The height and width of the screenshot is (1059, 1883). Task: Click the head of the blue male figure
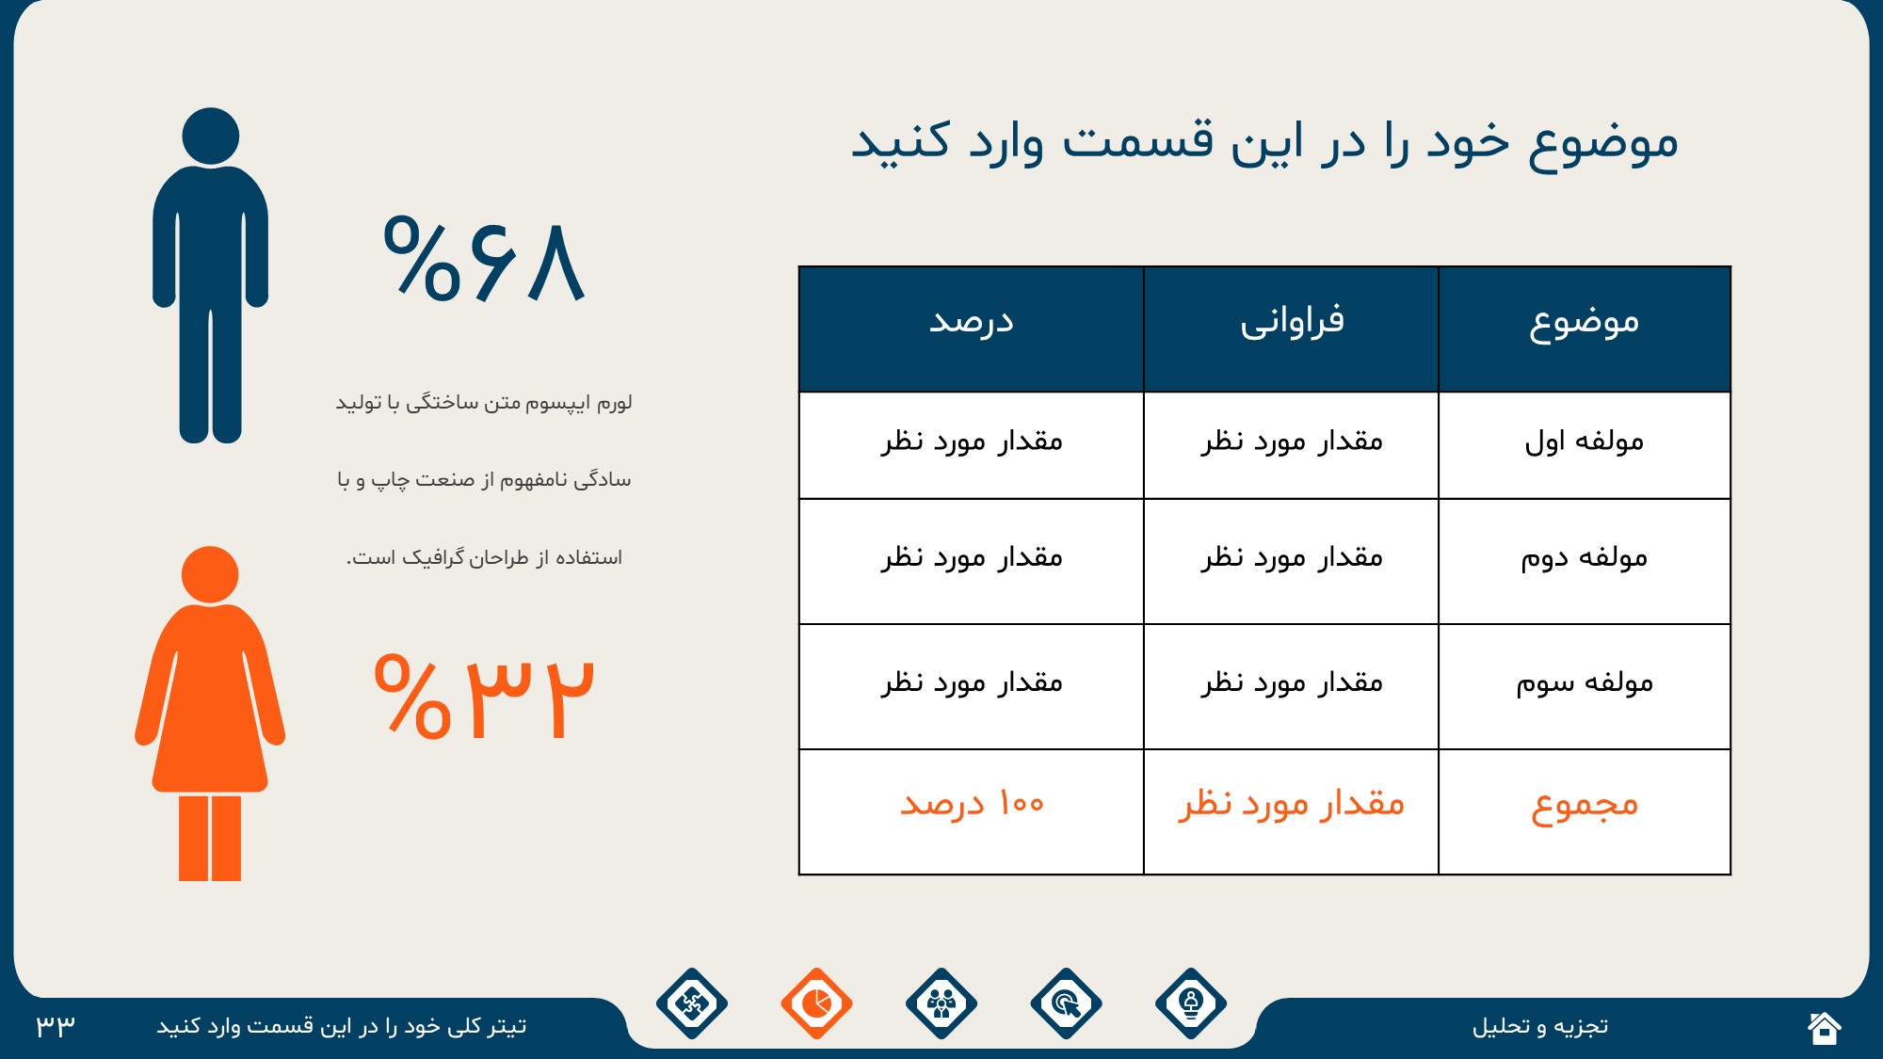(210, 136)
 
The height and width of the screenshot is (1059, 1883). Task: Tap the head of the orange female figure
(210, 574)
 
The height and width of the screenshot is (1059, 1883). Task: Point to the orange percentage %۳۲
(484, 697)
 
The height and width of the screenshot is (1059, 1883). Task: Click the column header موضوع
(1585, 323)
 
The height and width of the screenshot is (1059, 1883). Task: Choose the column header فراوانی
(1292, 322)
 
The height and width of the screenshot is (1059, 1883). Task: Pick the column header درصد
(972, 322)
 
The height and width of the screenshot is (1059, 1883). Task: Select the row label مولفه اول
(1585, 441)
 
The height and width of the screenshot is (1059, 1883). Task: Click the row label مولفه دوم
(1585, 557)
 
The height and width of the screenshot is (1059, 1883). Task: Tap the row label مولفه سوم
(1585, 682)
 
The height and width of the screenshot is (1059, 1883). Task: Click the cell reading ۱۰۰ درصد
(972, 804)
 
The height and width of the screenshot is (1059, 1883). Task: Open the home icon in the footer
(1824, 1027)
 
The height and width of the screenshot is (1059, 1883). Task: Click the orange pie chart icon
(816, 1003)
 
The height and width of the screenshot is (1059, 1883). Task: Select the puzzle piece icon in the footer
(692, 1003)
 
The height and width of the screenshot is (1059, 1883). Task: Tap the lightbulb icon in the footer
(1191, 1003)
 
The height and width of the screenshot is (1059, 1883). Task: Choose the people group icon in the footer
(941, 1003)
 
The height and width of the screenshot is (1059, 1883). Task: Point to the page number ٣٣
(56, 1026)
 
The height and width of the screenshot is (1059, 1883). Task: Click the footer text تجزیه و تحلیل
(1540, 1026)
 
